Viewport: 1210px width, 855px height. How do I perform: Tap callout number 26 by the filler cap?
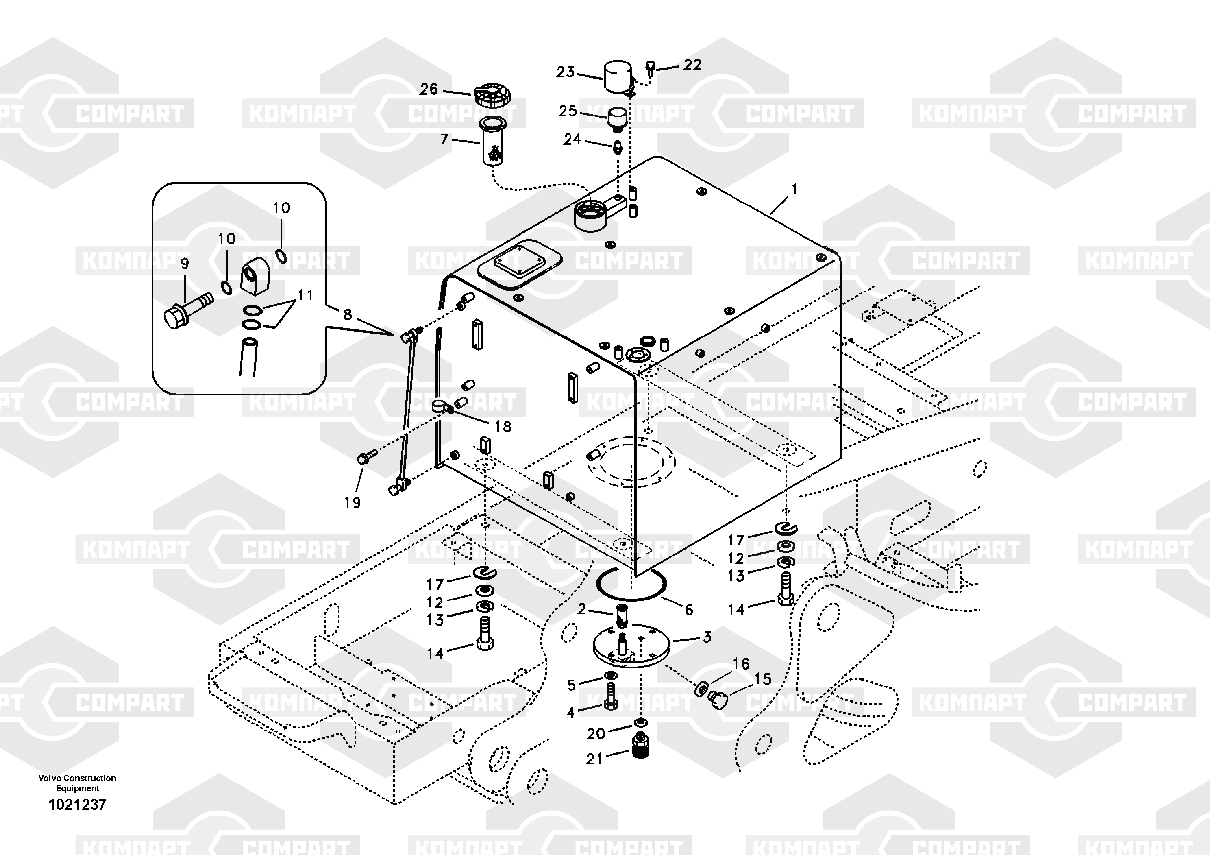pos(429,89)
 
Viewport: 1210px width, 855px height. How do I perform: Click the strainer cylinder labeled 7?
pos(493,142)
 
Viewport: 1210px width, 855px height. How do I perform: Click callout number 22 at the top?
pos(692,65)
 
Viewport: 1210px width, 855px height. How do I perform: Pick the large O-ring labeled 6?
pos(631,585)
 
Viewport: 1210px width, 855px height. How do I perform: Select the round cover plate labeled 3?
pos(631,646)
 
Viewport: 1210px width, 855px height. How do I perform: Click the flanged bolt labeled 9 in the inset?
pos(188,310)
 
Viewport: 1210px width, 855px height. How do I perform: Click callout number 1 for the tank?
pos(794,189)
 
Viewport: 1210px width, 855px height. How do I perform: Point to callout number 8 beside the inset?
pos(347,315)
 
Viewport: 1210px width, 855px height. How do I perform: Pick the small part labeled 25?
pos(618,120)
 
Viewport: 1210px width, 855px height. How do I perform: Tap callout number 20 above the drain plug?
pos(596,733)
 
